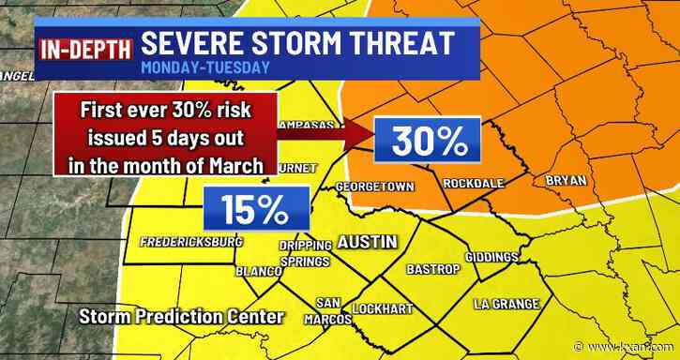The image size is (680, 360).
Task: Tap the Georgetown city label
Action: (374, 187)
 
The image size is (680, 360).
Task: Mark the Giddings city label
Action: (491, 257)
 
